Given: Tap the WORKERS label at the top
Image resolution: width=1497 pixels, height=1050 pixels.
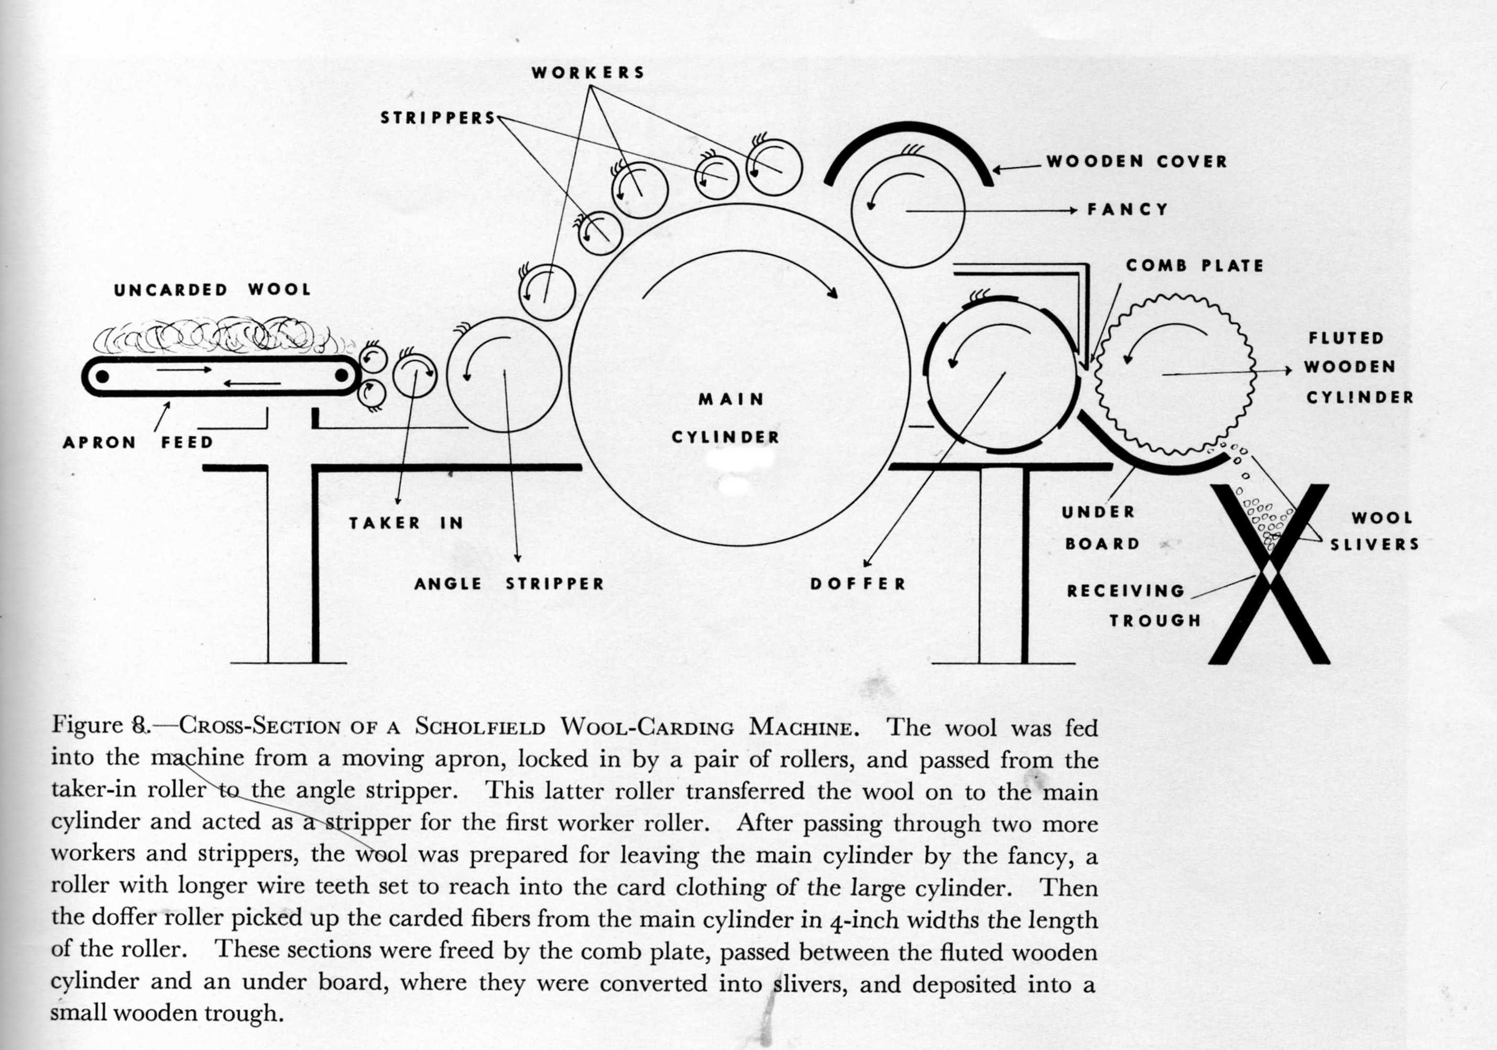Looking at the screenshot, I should tap(588, 72).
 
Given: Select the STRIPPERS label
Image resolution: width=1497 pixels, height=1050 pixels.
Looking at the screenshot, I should tap(438, 118).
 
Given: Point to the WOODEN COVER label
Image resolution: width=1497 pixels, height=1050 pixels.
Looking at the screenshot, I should tap(1137, 161).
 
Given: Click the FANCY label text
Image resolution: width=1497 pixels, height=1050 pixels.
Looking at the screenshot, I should tap(1127, 209).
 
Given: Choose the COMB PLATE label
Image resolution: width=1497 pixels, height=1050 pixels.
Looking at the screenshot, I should tap(1195, 265).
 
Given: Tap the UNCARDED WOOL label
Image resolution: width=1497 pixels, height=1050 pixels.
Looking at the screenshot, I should tap(212, 289).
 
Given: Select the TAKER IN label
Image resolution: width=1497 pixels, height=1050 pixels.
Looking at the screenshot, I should tap(406, 523).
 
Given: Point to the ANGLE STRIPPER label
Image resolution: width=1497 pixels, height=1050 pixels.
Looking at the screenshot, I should tap(509, 583).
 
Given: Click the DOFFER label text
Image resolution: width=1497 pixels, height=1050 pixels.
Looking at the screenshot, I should tap(858, 583).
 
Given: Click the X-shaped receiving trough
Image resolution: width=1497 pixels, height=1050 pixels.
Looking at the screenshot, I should tap(1268, 574).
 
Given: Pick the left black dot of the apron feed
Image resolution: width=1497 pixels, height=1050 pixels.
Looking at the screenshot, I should tap(102, 376).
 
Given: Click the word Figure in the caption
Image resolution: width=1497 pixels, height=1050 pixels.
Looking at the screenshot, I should tap(88, 724).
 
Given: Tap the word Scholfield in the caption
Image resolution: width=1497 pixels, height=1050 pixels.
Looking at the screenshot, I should tap(480, 726).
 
